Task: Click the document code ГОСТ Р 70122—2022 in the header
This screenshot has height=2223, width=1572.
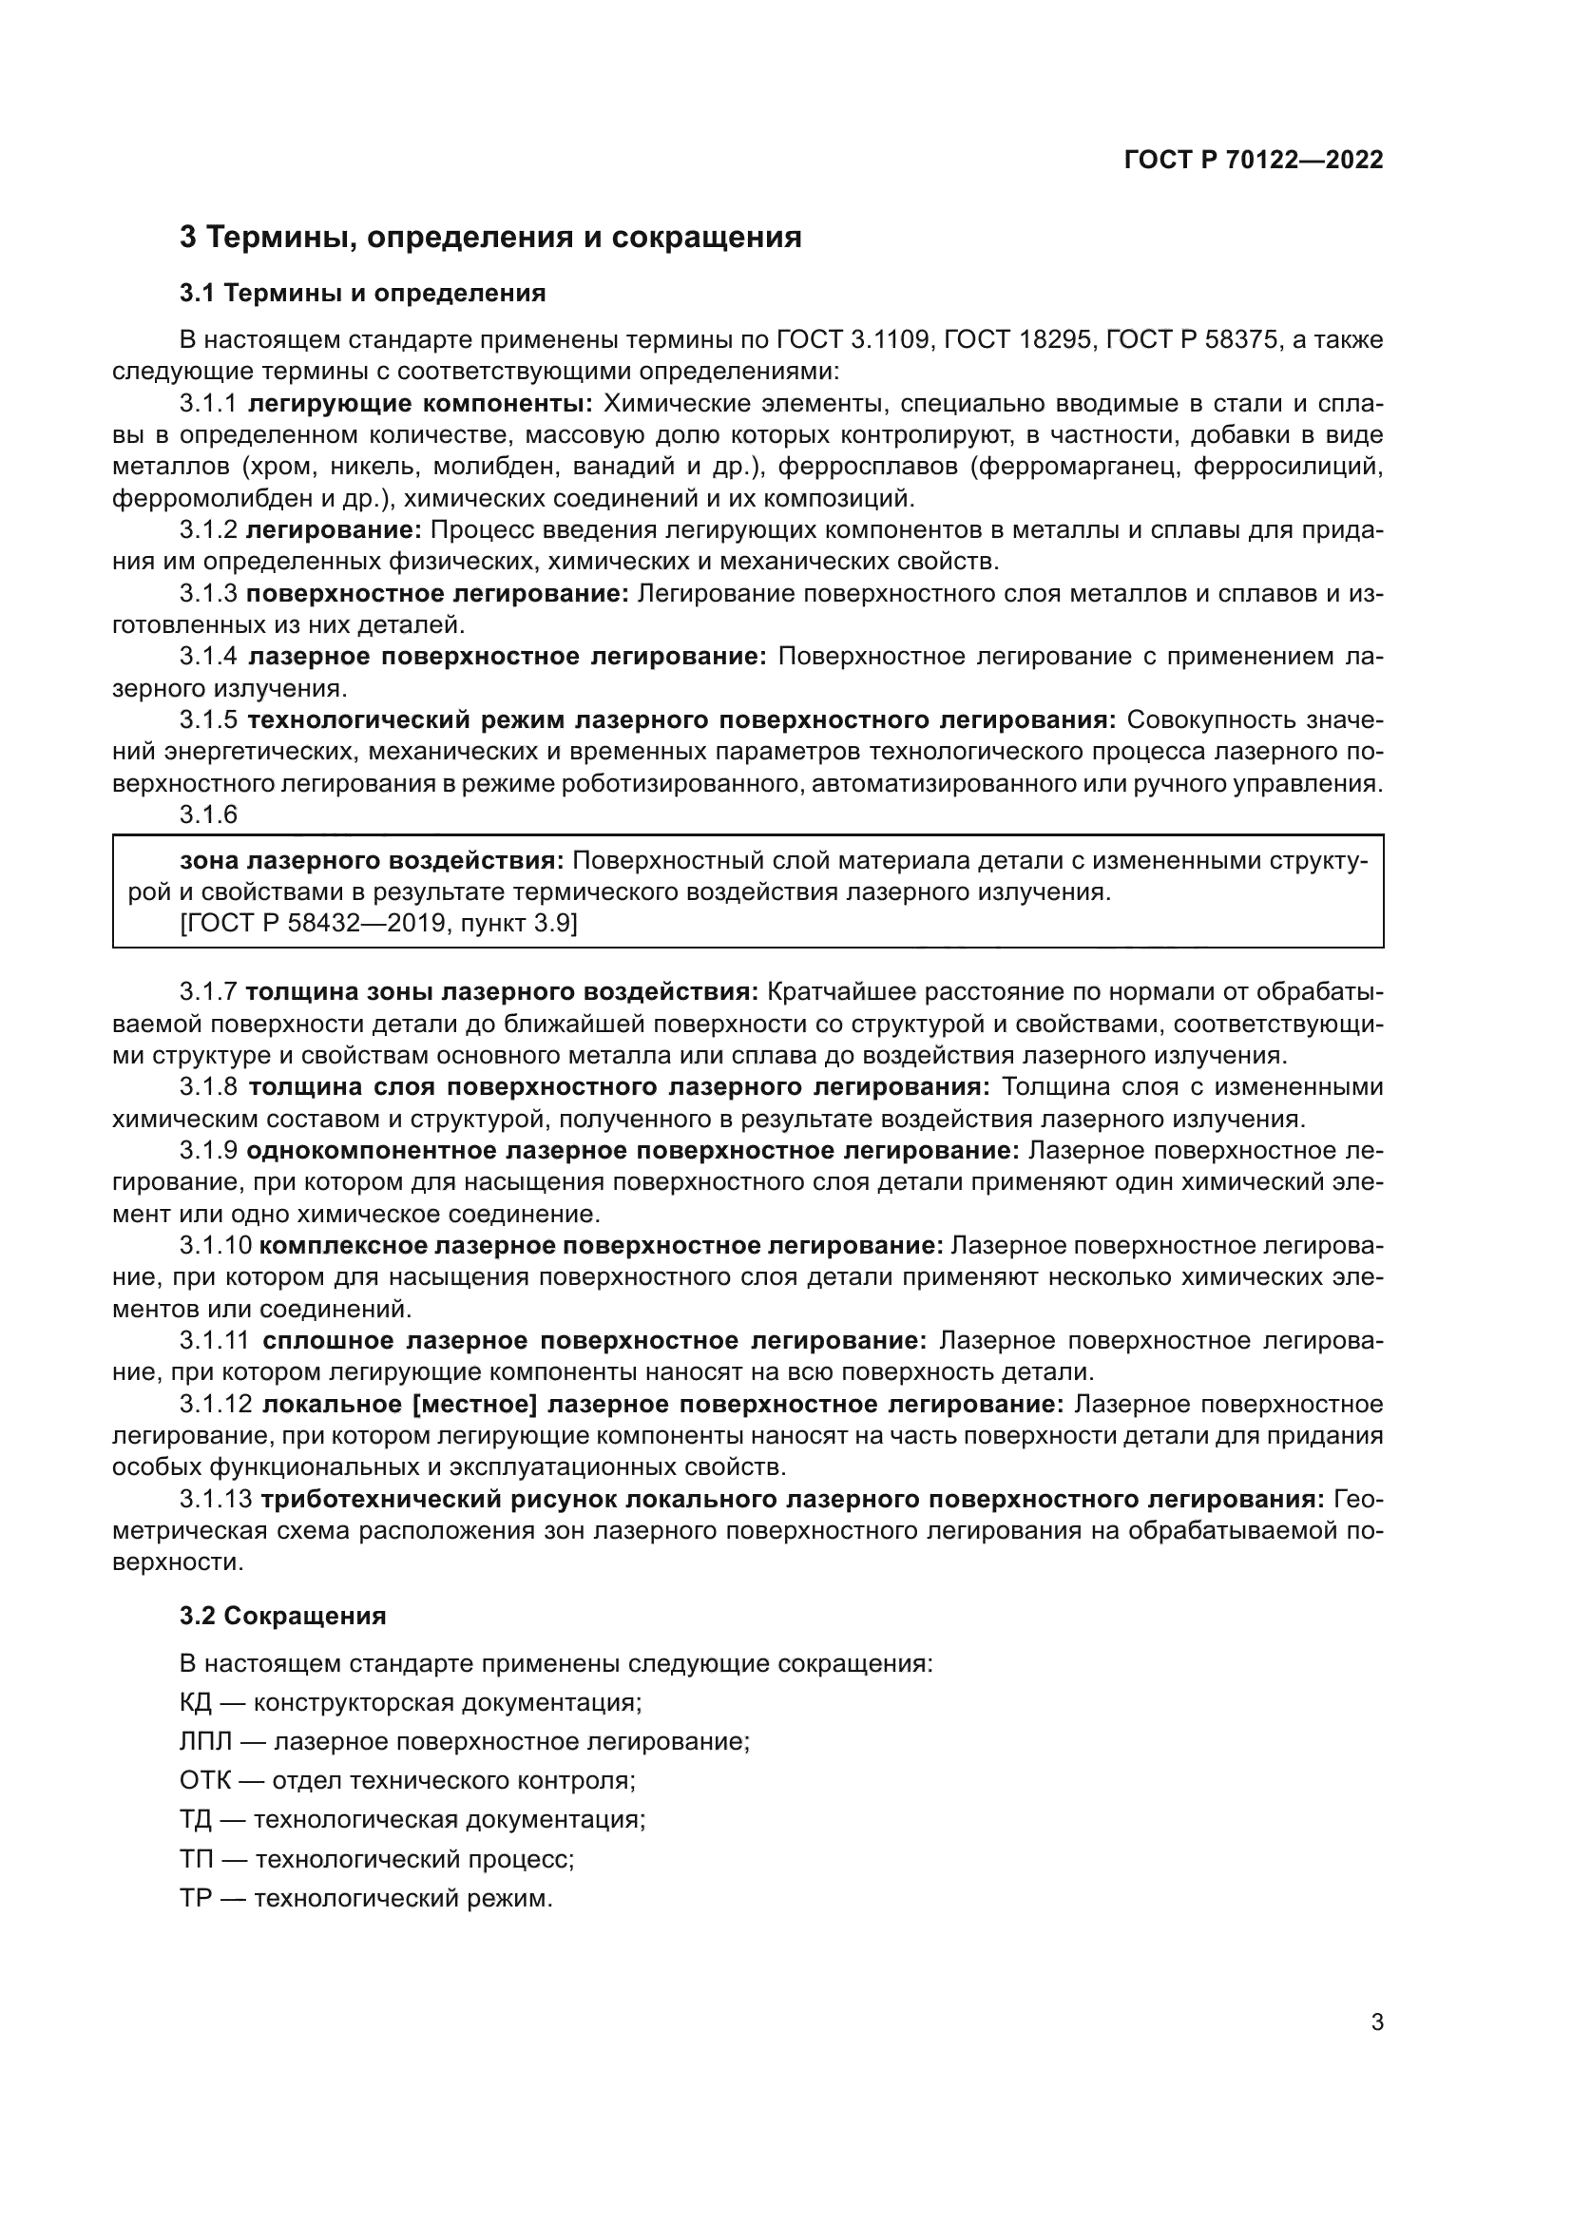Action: pyautogui.click(x=1254, y=161)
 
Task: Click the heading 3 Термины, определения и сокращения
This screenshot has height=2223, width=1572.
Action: pyautogui.click(x=489, y=238)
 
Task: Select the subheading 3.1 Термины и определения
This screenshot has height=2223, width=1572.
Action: pyautogui.click(x=362, y=293)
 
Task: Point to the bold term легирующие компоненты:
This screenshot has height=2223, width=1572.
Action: pyautogui.click(x=420, y=403)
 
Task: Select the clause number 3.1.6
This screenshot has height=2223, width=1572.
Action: pyautogui.click(x=208, y=814)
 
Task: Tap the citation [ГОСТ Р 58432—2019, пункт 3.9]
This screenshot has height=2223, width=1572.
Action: pyautogui.click(x=378, y=924)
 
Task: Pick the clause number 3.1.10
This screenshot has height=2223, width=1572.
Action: pyautogui.click(x=215, y=1245)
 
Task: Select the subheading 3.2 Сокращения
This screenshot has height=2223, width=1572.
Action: pyautogui.click(x=282, y=1616)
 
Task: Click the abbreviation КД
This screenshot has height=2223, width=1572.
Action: pyautogui.click(x=196, y=1702)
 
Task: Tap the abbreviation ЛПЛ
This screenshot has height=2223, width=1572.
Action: pyautogui.click(x=205, y=1742)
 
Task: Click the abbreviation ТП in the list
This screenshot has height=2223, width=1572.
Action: pyautogui.click(x=196, y=1859)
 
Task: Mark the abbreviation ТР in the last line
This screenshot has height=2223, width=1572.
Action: pyautogui.click(x=195, y=1899)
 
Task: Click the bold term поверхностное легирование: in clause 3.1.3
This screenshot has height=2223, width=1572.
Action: pyautogui.click(x=437, y=593)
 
